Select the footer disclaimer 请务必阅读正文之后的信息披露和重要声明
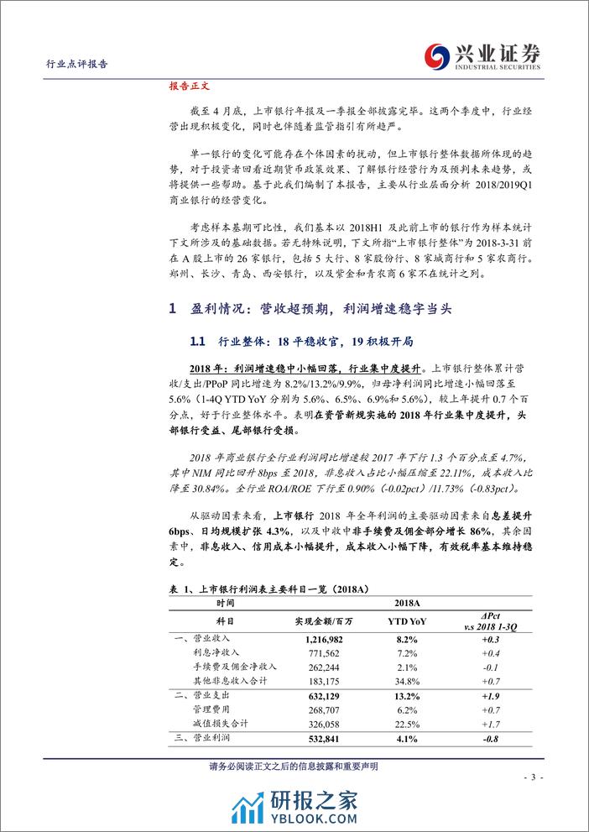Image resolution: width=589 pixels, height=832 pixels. coord(294,765)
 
